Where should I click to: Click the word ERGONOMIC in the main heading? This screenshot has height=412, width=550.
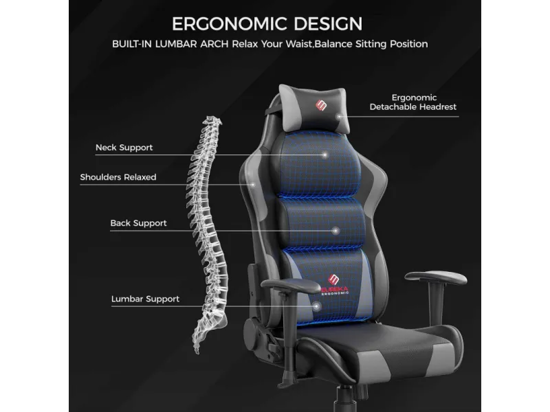(x=230, y=24)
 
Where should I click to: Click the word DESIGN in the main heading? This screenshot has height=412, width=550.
(x=328, y=24)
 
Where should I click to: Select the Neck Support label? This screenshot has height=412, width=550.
(x=124, y=148)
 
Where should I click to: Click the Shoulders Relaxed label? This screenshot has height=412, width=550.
(x=118, y=177)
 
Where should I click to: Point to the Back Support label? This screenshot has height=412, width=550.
(x=139, y=223)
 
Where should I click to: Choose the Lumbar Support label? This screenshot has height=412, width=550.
(x=145, y=299)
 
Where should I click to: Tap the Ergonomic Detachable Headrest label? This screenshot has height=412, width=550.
(x=413, y=102)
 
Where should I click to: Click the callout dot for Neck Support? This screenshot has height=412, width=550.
(x=324, y=154)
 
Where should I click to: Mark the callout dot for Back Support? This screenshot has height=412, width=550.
(x=335, y=231)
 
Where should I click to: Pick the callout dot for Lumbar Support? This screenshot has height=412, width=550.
(x=316, y=306)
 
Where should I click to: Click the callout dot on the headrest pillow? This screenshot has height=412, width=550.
(x=339, y=117)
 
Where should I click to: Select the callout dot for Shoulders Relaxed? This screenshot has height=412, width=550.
(x=252, y=184)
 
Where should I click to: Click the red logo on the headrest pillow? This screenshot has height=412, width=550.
(x=321, y=105)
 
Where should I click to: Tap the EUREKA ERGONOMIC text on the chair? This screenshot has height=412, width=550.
(x=335, y=290)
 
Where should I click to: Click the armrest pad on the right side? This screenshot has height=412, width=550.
(x=436, y=278)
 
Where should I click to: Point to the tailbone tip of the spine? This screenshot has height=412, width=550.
(x=197, y=352)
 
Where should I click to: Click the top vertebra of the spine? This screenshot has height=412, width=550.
(x=212, y=121)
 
